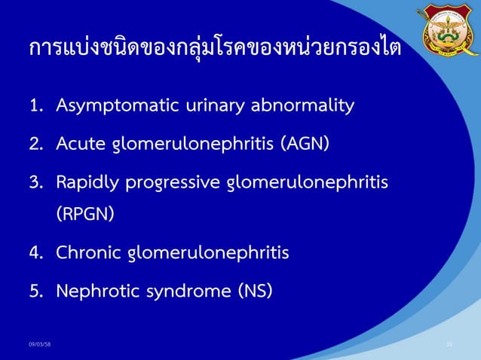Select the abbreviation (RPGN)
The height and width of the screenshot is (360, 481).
tap(86, 214)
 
